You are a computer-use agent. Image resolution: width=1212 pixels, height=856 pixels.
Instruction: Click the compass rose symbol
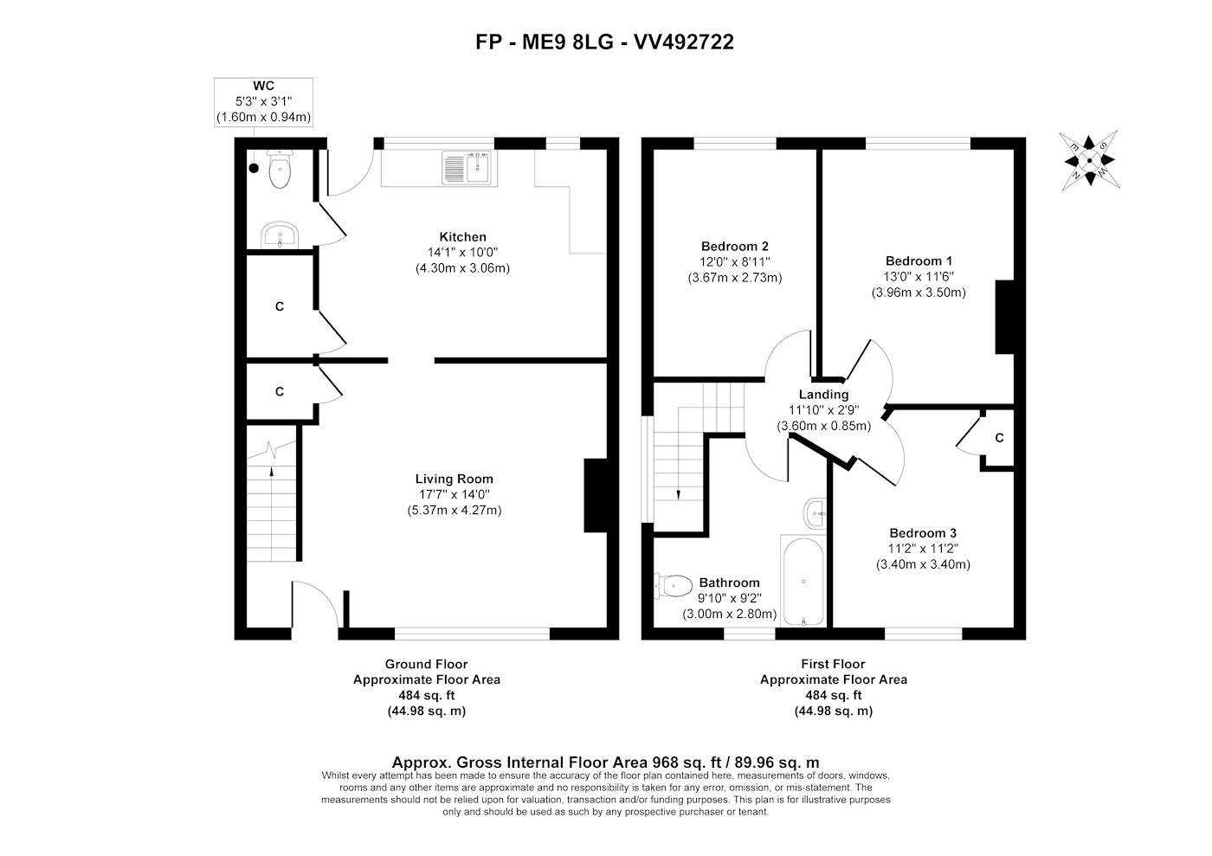pyautogui.click(x=1089, y=160)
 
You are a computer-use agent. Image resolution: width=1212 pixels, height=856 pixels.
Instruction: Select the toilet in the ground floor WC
pyautogui.click(x=279, y=168)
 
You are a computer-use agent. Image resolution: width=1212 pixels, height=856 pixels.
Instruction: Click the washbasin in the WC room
pyautogui.click(x=280, y=235)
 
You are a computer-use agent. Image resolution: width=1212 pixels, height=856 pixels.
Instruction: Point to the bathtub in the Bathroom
pyautogui.click(x=803, y=581)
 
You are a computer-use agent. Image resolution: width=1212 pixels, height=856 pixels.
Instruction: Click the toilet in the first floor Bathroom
pyautogui.click(x=674, y=586)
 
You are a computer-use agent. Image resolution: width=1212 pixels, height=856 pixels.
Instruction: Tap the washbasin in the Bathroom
pyautogui.click(x=815, y=513)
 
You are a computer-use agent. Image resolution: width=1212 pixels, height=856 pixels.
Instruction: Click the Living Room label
pyautogui.click(x=455, y=479)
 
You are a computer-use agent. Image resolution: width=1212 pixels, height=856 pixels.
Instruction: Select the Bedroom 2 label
pyautogui.click(x=735, y=247)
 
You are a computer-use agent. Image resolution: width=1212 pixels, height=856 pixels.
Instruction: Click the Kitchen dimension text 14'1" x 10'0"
pyautogui.click(x=462, y=252)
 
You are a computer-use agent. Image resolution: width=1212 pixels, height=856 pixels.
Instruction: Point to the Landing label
pyautogui.click(x=823, y=395)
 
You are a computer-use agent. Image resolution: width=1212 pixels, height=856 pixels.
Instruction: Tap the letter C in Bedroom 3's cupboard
pyautogui.click(x=999, y=438)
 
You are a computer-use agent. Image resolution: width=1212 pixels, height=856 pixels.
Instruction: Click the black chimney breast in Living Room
pyautogui.click(x=596, y=495)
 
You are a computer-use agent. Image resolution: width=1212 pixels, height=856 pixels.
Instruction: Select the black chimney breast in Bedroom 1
pyautogui.click(x=1005, y=317)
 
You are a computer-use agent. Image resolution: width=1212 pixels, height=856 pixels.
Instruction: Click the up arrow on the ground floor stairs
pyautogui.click(x=272, y=471)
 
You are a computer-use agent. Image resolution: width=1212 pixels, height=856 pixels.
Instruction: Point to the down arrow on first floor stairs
pyautogui.click(x=678, y=494)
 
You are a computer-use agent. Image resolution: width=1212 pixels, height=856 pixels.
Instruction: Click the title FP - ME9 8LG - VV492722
pyautogui.click(x=605, y=42)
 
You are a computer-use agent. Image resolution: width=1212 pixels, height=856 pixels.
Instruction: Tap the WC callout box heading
pyautogui.click(x=263, y=86)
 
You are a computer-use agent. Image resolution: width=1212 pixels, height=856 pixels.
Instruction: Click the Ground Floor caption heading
pyautogui.click(x=426, y=664)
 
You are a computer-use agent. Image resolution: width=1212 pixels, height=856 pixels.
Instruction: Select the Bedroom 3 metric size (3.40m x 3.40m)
pyautogui.click(x=923, y=564)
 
